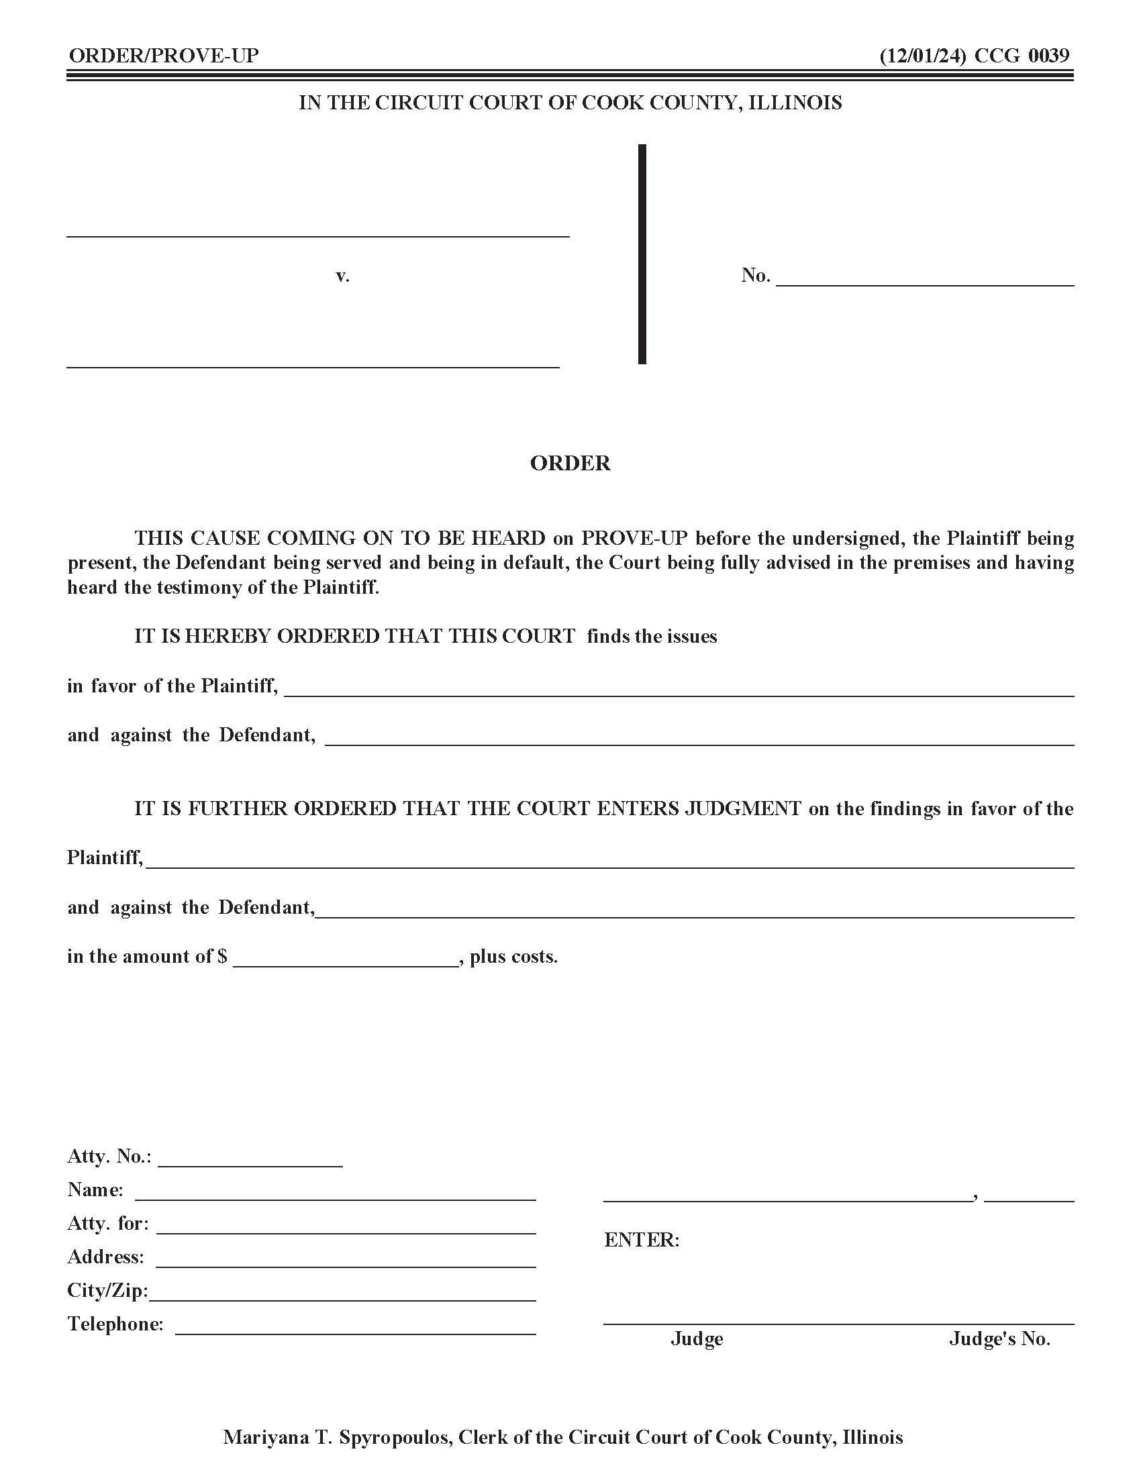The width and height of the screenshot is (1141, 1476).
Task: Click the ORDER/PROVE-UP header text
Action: point(164,56)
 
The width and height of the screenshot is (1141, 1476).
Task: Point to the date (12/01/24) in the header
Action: point(923,56)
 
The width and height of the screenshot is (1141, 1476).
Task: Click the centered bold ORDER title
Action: point(570,463)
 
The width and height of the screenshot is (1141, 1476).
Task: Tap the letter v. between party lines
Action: point(343,276)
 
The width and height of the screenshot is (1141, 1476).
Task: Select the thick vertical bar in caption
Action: point(642,254)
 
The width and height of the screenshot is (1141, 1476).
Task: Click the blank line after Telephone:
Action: point(356,1332)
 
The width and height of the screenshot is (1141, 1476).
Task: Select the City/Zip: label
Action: point(107,1291)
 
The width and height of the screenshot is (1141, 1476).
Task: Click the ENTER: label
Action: point(642,1240)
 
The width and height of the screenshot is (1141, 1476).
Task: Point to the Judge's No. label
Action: point(1000,1339)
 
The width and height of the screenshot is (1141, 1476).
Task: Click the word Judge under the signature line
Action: point(697,1339)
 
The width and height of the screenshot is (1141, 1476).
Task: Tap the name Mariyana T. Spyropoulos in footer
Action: point(337,1437)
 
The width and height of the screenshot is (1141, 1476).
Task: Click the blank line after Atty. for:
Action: point(346,1232)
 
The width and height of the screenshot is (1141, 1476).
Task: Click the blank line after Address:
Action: point(346,1266)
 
